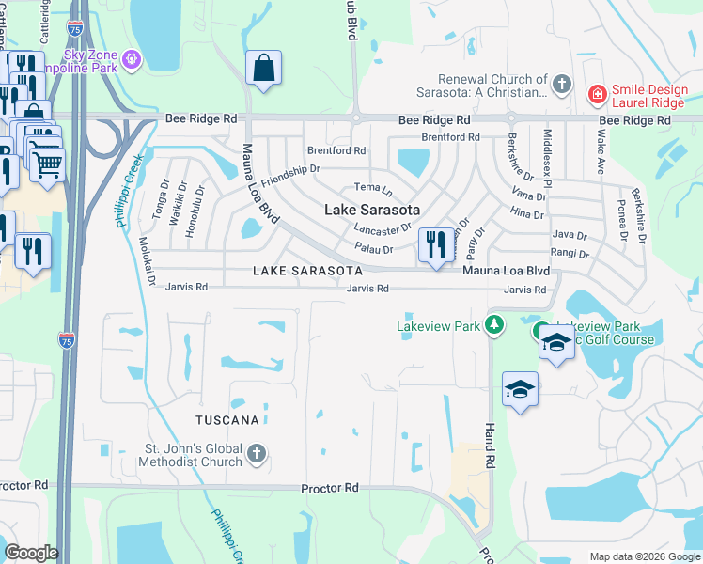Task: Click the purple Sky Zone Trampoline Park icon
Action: (x=133, y=60)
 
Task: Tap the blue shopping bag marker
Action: (x=263, y=69)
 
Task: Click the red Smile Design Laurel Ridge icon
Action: (x=596, y=94)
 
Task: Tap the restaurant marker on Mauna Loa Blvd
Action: (x=435, y=246)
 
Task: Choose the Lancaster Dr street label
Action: (x=383, y=227)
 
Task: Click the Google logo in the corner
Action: (x=31, y=553)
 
